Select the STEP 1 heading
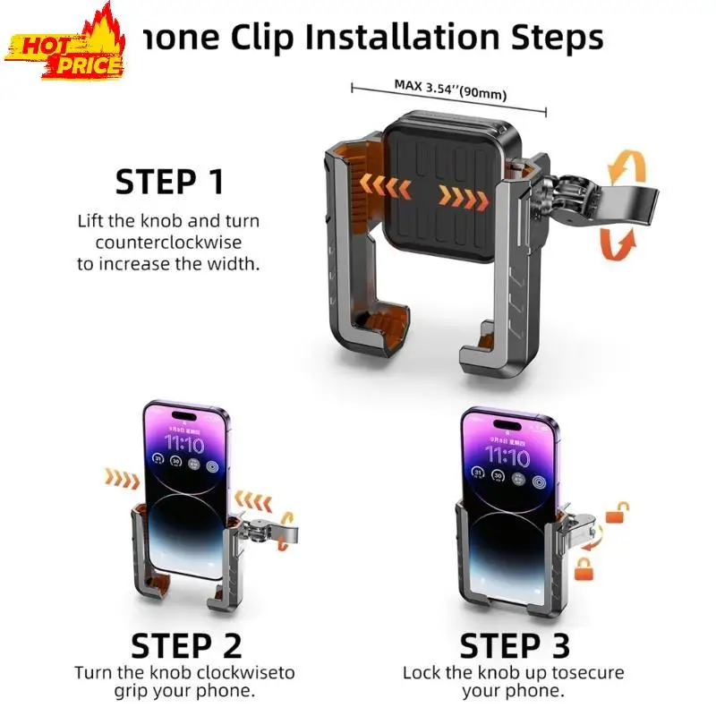(169, 183)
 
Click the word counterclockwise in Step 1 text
(159, 243)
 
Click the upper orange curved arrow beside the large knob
(624, 167)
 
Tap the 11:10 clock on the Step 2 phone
(183, 445)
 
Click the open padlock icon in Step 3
(618, 512)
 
